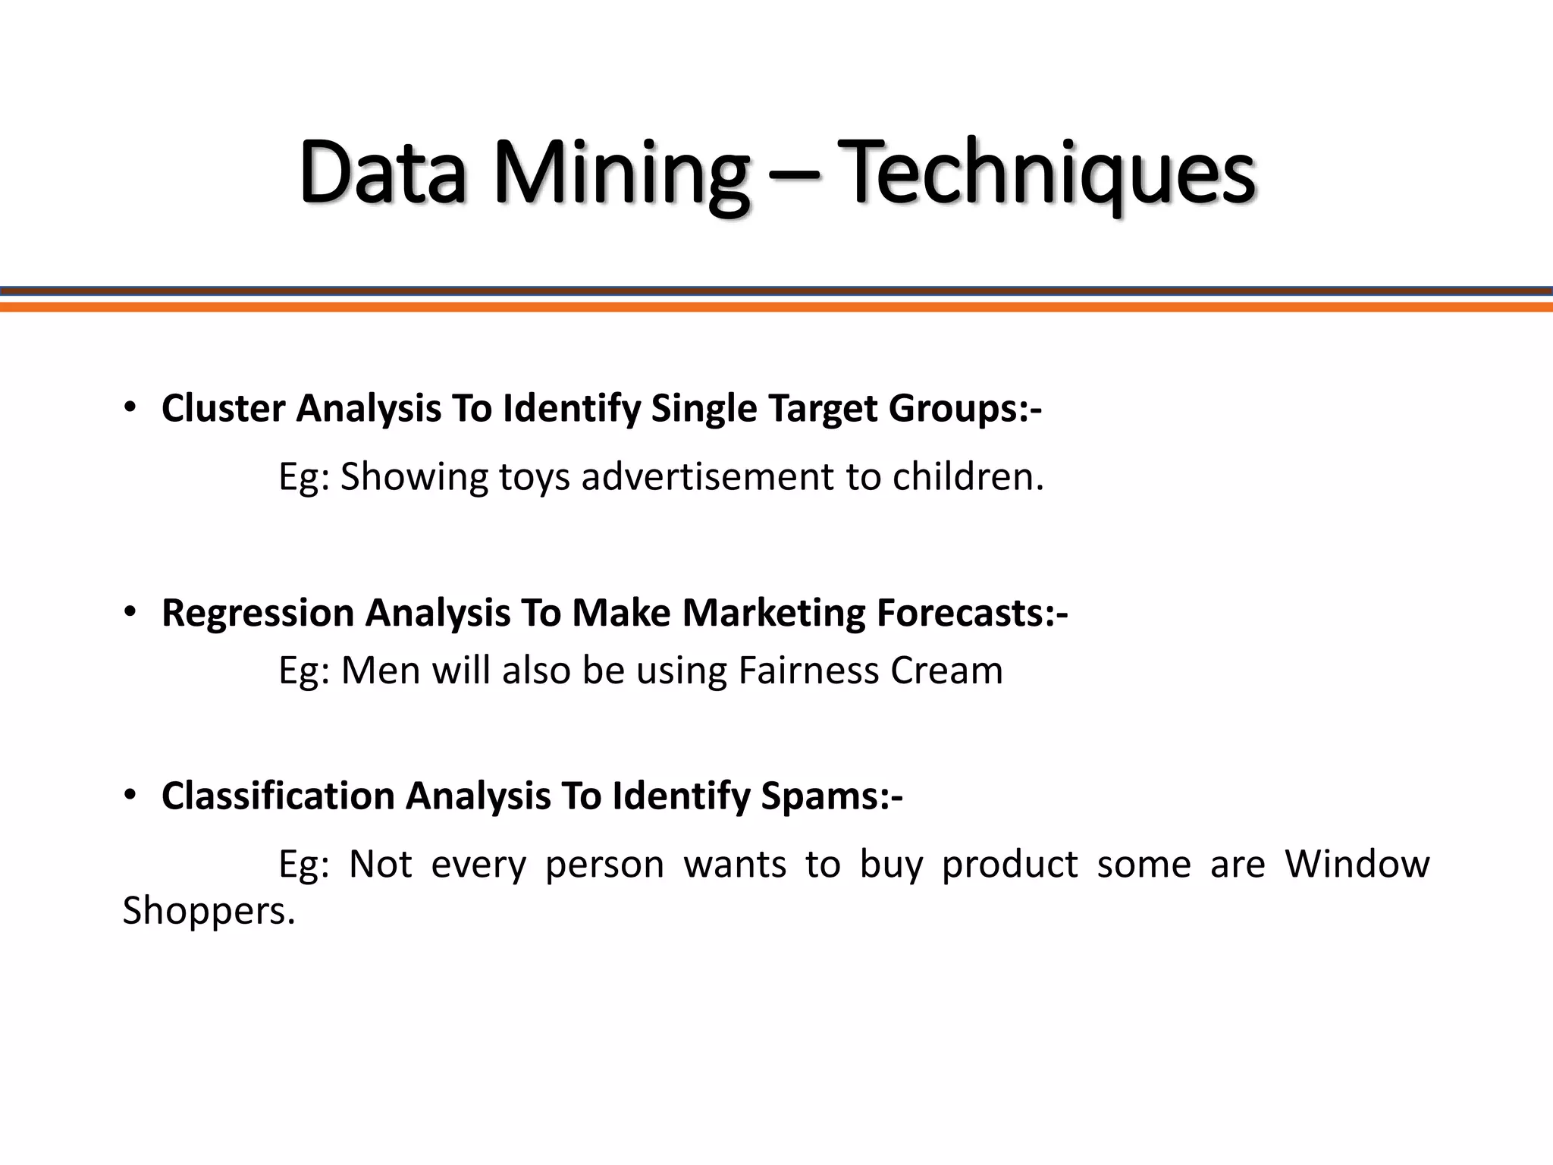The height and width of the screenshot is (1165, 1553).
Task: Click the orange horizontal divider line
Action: tap(776, 307)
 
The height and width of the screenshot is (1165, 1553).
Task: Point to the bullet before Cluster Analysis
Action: tap(130, 407)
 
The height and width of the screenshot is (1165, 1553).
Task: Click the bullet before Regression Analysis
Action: tap(130, 611)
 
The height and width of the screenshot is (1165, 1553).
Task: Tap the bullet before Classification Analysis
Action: tap(130, 795)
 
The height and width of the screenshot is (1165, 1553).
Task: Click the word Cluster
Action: tap(223, 409)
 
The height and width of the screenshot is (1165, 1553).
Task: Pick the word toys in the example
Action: tap(534, 478)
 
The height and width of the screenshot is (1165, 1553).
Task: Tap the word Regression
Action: tap(258, 614)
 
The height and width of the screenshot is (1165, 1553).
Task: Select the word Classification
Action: tap(278, 796)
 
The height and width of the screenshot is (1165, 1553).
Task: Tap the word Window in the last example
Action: tap(1357, 864)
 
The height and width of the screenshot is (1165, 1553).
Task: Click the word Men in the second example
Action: tap(380, 670)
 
